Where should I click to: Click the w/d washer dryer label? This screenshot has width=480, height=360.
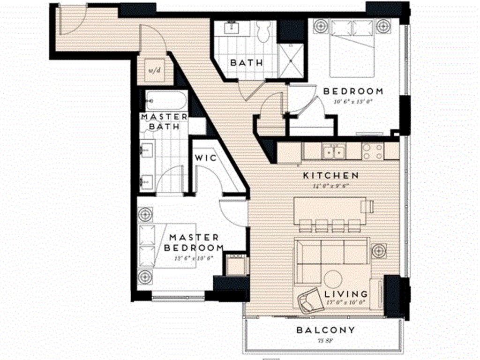(154, 70)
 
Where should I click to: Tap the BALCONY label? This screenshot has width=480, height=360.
(326, 330)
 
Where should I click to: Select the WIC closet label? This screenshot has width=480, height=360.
(206, 158)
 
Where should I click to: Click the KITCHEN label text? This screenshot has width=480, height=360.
(331, 175)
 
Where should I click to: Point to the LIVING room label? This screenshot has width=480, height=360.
(346, 294)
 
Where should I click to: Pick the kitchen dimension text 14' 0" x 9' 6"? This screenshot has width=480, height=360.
(331, 185)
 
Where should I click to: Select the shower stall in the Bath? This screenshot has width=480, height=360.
(292, 60)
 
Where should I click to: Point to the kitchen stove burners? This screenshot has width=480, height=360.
(373, 150)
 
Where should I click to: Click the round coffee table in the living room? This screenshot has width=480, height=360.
(334, 278)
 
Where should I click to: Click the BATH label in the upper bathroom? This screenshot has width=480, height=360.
(247, 62)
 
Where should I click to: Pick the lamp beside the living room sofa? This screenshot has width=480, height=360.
(379, 250)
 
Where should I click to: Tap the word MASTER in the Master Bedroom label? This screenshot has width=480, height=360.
(194, 238)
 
